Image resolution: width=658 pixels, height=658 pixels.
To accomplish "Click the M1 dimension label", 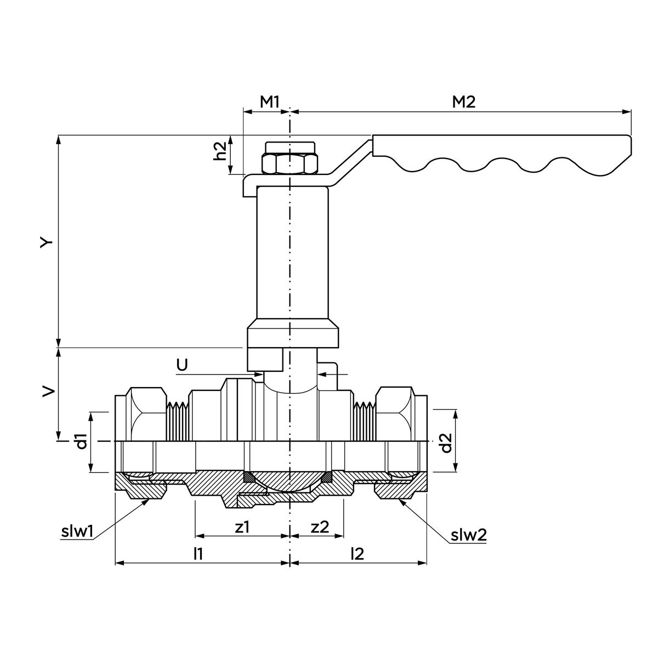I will click(270, 101).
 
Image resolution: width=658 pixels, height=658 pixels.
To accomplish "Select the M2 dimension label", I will click(463, 101).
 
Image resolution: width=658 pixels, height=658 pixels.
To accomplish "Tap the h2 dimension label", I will click(220, 151).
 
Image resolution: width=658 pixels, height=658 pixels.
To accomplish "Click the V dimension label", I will click(48, 390).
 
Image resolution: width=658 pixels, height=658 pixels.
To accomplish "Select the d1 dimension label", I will click(82, 441).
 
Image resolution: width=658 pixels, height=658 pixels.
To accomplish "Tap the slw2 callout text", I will click(468, 535).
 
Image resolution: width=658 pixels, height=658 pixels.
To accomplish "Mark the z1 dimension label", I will click(242, 527).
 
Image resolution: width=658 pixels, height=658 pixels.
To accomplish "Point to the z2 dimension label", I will click(320, 527).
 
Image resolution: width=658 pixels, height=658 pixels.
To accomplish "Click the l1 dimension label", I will click(198, 554).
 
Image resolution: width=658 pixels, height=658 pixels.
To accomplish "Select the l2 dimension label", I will click(357, 554).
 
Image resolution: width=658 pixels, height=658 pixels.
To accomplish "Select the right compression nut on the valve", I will click(394, 414).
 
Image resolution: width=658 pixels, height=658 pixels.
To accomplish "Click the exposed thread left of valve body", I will click(177, 422).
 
